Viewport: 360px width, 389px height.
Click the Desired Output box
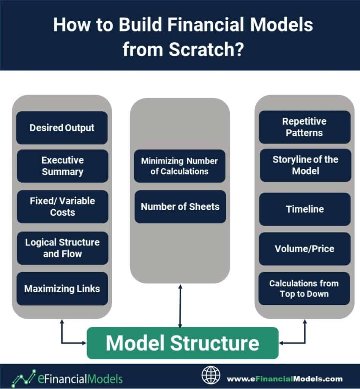(x=62, y=128)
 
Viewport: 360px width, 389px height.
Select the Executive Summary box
(x=63, y=166)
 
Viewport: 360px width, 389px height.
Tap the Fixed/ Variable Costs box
(x=63, y=207)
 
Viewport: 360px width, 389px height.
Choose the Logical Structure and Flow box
(x=63, y=248)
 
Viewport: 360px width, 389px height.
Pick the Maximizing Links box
(x=62, y=289)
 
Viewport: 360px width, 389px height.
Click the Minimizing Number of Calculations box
(x=180, y=166)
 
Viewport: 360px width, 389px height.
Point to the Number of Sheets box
(x=180, y=207)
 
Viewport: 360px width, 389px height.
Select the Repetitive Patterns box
(x=305, y=127)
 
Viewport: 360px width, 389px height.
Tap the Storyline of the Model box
(x=305, y=165)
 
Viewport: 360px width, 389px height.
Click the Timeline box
(x=305, y=209)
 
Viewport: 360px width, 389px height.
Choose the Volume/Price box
(x=305, y=249)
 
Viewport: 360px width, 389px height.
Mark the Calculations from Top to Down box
(x=304, y=289)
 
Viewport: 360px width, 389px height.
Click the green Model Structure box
(x=183, y=343)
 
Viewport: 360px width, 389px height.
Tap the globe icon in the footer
(x=211, y=375)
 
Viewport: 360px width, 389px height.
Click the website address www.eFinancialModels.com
(x=285, y=379)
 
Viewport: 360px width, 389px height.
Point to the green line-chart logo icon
(x=24, y=378)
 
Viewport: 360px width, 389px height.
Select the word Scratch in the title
(x=202, y=49)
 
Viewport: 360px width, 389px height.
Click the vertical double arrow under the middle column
(x=180, y=306)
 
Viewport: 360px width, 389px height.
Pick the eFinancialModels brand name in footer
(x=80, y=379)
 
